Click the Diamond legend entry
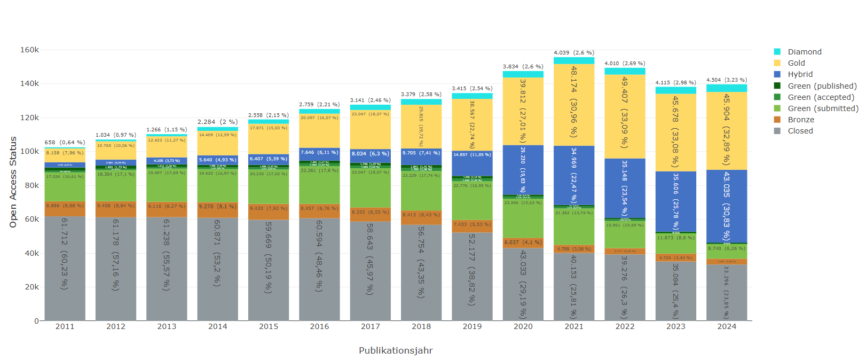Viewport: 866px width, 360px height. [804, 52]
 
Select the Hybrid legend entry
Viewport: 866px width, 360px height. [800, 74]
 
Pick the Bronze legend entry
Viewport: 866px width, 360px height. [800, 120]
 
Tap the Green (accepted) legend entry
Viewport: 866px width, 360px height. [821, 97]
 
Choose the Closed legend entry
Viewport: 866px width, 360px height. [800, 131]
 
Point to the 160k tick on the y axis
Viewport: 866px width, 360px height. [29, 50]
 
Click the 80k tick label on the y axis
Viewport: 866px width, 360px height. [29, 185]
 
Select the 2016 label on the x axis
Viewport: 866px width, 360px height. [319, 326]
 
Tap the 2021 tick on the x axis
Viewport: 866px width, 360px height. [574, 326]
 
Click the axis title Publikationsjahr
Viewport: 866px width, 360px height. [396, 350]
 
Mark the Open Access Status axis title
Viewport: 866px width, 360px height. [13, 182]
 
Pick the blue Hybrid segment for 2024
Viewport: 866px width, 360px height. [727, 206]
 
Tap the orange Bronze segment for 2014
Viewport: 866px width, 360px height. [217, 209]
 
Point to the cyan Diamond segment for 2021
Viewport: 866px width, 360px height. [574, 60]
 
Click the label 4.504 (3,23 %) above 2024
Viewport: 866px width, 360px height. [727, 80]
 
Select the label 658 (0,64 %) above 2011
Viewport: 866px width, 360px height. [65, 143]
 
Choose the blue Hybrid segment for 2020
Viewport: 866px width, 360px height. [523, 170]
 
